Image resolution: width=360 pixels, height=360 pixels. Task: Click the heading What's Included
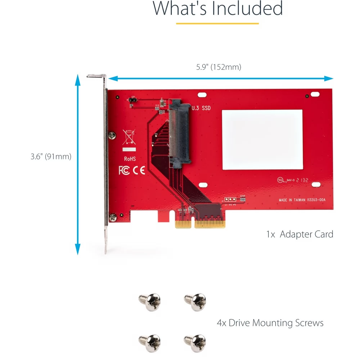coord(218,9)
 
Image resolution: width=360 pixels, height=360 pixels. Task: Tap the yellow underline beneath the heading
coord(217,23)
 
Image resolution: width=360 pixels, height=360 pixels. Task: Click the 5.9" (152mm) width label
coord(219,67)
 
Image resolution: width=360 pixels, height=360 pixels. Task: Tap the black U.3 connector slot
coord(180,133)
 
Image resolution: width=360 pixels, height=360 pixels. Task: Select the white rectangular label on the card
coord(262,139)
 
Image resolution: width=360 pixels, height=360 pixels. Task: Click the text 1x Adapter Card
coord(300,234)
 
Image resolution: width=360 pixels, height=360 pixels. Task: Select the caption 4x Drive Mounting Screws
coord(270,323)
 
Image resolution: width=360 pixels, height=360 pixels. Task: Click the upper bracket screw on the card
coord(113,135)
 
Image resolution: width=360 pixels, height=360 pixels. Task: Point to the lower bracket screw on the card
coord(113,217)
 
